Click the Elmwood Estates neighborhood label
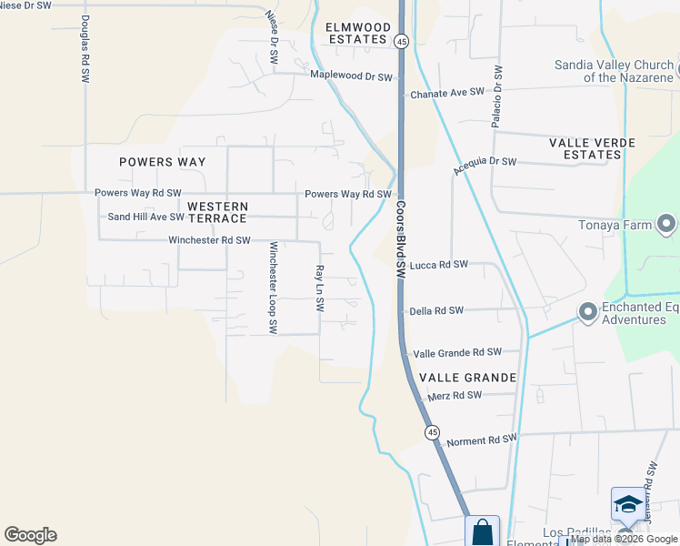[357, 33]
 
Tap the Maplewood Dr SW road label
[351, 76]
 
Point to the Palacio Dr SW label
[497, 96]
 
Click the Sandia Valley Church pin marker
[666, 66]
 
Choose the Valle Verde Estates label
[585, 148]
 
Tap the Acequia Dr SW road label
[485, 166]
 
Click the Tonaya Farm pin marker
[666, 224]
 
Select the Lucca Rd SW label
[438, 265]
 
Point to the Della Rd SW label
[436, 310]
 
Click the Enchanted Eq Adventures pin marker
[587, 313]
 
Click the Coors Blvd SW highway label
[400, 240]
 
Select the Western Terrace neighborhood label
[217, 213]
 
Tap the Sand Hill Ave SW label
[145, 217]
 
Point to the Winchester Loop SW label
[272, 288]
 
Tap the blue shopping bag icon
[482, 531]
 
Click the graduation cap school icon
[627, 504]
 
